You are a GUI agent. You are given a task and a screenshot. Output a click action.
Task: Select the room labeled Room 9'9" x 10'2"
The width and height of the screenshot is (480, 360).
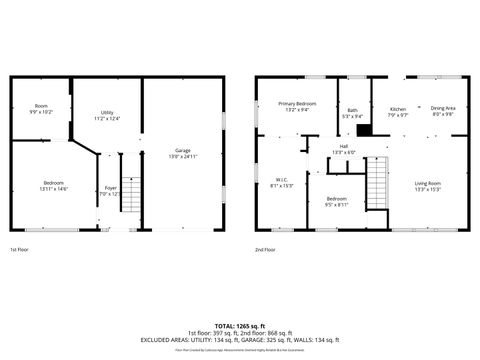(41, 108)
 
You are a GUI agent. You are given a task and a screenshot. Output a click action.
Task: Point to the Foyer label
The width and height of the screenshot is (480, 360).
(111, 190)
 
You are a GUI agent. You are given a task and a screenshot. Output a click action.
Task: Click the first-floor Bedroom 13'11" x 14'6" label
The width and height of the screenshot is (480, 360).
(54, 186)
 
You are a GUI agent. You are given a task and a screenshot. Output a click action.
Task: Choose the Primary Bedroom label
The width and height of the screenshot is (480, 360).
(298, 106)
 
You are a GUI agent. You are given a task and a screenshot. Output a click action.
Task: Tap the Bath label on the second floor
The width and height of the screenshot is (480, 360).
(352, 113)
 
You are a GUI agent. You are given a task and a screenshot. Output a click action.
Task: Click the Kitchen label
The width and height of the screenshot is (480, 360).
(398, 111)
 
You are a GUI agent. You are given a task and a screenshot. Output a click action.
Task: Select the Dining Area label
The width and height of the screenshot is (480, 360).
(443, 110)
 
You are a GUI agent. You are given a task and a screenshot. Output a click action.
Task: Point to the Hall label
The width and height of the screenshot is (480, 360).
(344, 149)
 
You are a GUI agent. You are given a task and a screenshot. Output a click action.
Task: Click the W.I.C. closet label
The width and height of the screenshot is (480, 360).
(282, 183)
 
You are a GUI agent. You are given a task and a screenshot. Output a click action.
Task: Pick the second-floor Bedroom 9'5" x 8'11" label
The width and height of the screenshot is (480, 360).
(337, 201)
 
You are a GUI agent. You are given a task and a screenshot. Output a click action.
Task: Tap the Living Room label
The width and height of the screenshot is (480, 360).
(428, 186)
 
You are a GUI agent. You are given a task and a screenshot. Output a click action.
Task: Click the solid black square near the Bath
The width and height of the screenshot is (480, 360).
(365, 129)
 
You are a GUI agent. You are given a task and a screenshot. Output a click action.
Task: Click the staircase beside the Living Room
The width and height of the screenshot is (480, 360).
(376, 183)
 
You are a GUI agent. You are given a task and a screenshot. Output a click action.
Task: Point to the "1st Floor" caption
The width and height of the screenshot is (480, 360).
(20, 249)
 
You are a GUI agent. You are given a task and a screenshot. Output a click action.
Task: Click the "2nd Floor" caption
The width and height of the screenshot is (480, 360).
(265, 249)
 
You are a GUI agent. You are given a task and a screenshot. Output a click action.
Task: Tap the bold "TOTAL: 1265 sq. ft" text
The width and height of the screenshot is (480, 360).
(239, 325)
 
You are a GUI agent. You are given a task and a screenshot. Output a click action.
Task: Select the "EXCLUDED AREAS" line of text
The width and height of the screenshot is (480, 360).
(239, 339)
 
